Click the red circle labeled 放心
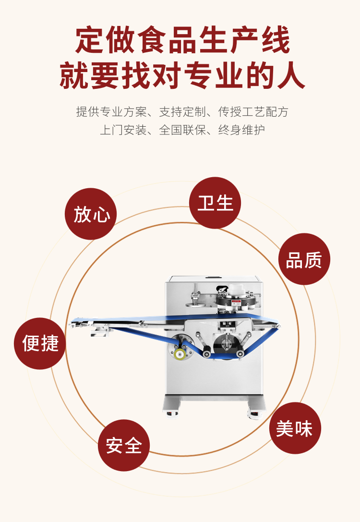(91, 214)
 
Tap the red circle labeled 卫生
(215, 203)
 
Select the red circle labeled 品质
(304, 259)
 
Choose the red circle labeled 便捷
(40, 343)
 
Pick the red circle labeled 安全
(124, 446)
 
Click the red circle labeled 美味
(295, 428)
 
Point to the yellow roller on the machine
(180, 354)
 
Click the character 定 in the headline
(89, 40)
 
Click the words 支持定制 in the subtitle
(182, 112)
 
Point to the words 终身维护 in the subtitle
(241, 130)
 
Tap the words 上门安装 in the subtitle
(123, 130)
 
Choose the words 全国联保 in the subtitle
(182, 130)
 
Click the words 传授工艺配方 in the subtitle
(253, 112)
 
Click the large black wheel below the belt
(226, 344)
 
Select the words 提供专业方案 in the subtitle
(111, 112)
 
